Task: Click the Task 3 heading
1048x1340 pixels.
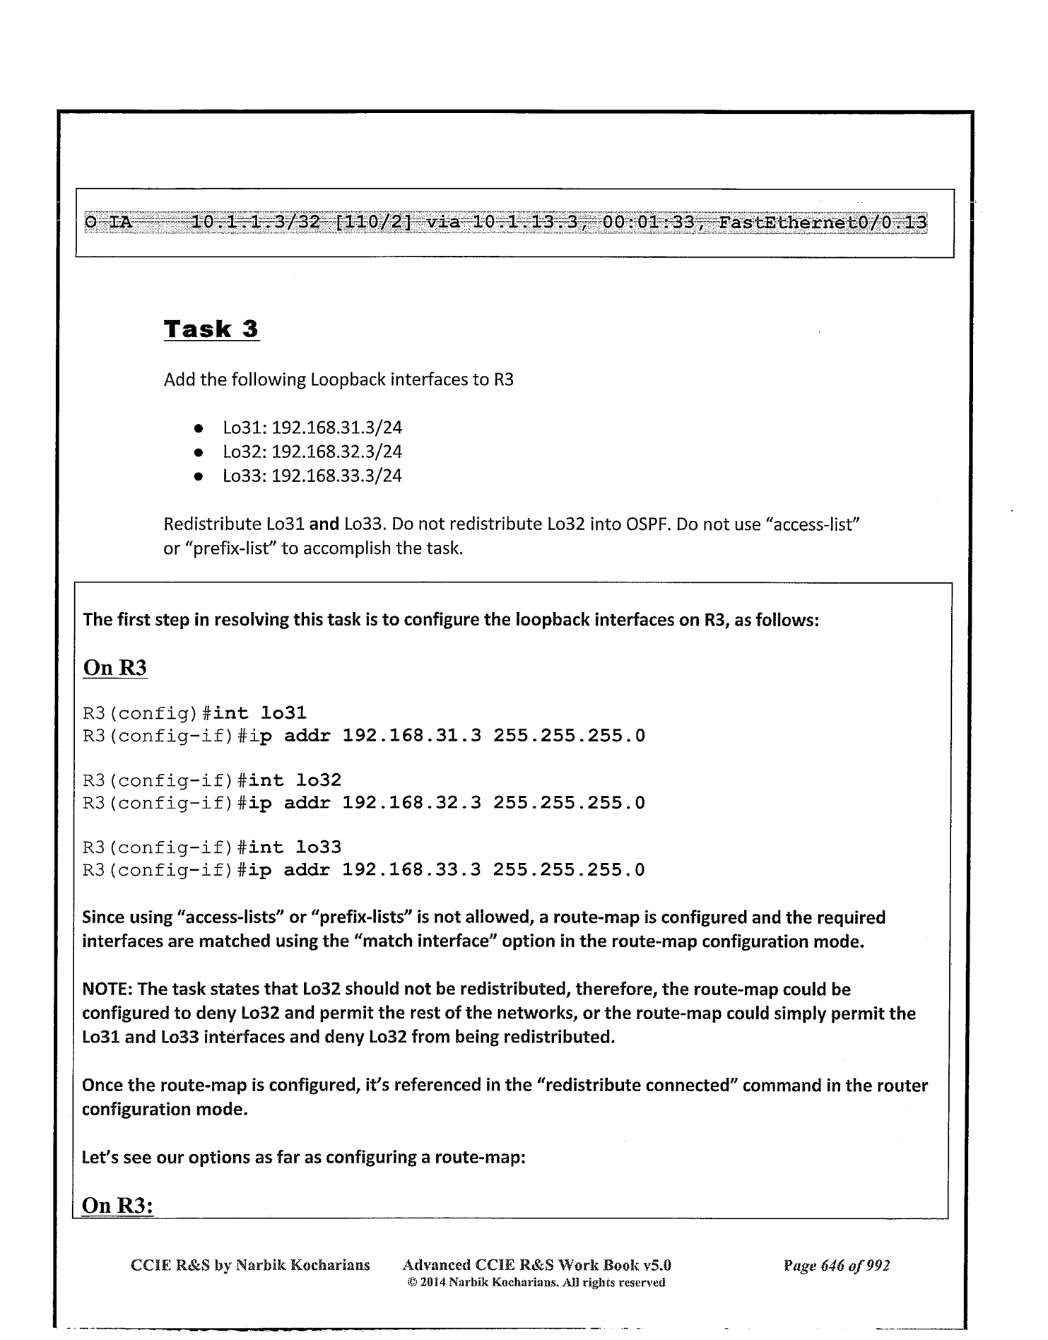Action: (x=211, y=329)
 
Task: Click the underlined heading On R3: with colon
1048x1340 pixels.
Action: (x=118, y=1205)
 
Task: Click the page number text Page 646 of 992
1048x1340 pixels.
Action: (x=836, y=1265)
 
